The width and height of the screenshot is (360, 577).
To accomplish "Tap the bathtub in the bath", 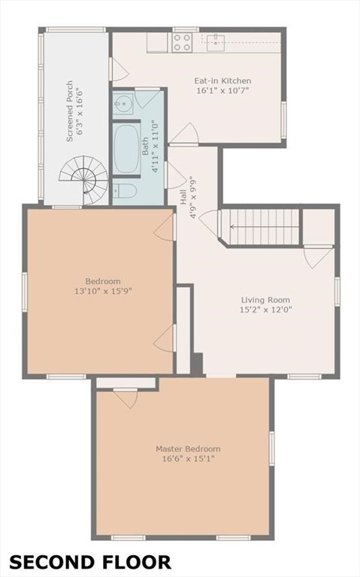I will click(x=126, y=147).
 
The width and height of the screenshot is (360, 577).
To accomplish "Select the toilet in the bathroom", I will click(x=125, y=192).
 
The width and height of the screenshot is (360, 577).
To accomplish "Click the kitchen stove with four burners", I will click(x=182, y=42).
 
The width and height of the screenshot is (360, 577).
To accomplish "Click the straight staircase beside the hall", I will click(x=263, y=227).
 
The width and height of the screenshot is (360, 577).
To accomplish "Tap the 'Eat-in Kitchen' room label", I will click(x=222, y=81).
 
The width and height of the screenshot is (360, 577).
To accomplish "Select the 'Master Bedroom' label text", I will click(x=188, y=449).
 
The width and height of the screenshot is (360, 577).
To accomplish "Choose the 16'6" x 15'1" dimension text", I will click(x=188, y=459).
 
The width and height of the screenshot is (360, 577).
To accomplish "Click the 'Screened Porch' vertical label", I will click(x=70, y=111).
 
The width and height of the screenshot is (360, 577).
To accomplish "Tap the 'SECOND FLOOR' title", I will click(x=89, y=562).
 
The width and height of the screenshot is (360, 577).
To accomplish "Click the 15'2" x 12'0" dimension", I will click(x=265, y=310).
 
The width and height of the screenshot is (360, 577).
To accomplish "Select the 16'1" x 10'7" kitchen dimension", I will click(x=222, y=91).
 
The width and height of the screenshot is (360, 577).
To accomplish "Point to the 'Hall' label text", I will click(x=182, y=195).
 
